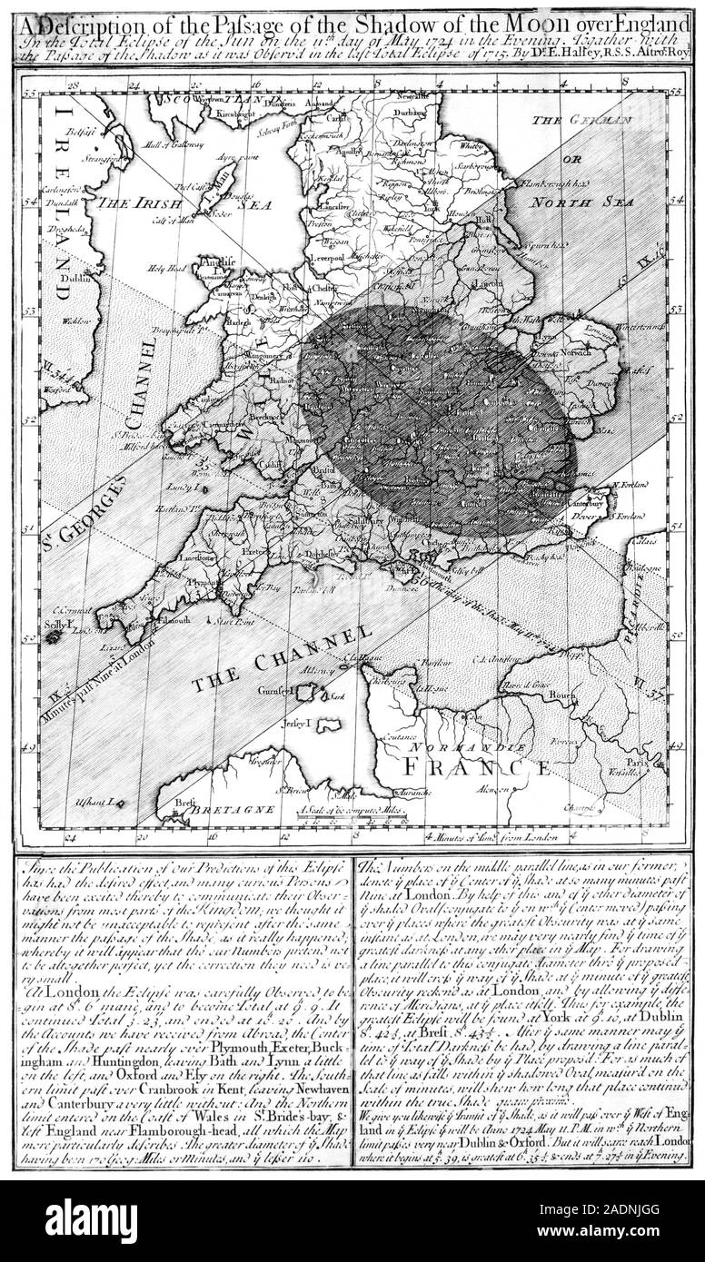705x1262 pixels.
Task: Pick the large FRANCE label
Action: pyautogui.click(x=476, y=768)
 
